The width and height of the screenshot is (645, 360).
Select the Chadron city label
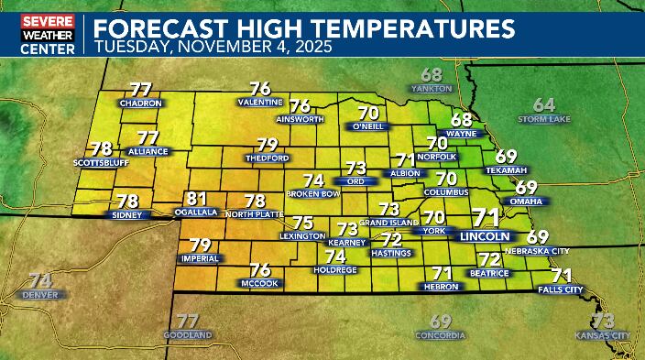[x=139, y=104]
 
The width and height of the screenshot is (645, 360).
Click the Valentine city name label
[x=260, y=103]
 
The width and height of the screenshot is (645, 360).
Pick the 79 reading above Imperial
[x=200, y=245]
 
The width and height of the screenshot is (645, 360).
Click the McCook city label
[x=259, y=283]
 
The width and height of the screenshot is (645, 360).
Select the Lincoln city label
[x=484, y=235]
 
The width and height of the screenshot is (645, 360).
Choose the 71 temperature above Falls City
[x=561, y=275]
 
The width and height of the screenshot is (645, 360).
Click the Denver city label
[x=40, y=295]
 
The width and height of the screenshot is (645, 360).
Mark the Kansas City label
[x=602, y=336]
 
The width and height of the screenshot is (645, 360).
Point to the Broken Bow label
[x=313, y=194]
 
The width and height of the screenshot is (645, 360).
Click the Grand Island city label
[x=389, y=223]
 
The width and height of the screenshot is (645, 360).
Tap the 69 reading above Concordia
[x=441, y=321]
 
